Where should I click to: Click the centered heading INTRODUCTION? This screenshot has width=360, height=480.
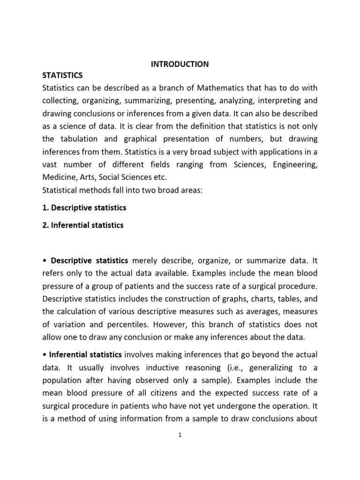tap(180, 64)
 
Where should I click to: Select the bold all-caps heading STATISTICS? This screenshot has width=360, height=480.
tap(62, 75)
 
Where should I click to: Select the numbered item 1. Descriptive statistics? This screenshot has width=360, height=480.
tap(84, 207)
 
